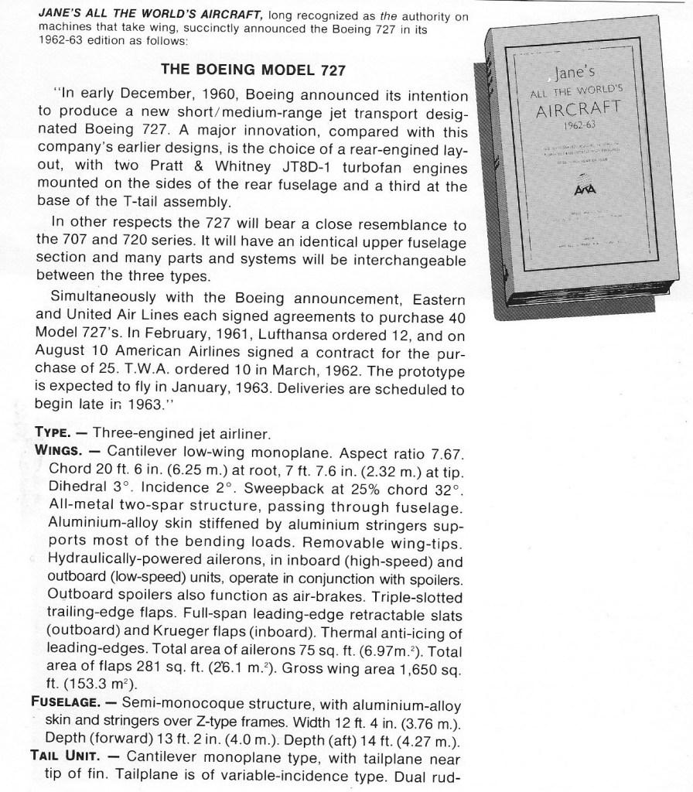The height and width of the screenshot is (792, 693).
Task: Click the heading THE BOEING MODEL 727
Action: coord(252,70)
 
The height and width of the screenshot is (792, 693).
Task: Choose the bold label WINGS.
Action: coord(59,450)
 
